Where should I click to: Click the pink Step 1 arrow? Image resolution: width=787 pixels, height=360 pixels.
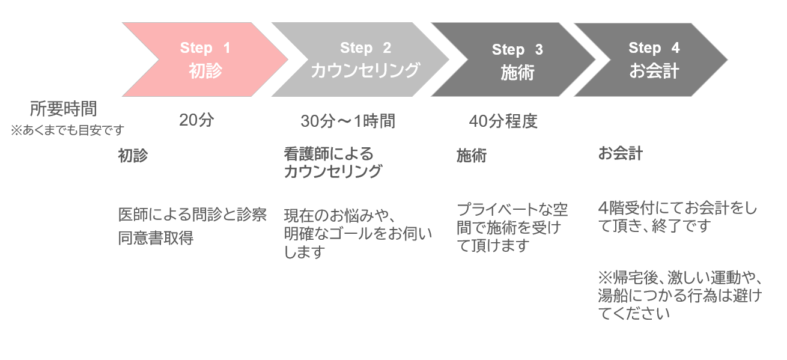(205, 59)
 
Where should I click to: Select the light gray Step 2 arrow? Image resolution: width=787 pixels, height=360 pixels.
(360, 59)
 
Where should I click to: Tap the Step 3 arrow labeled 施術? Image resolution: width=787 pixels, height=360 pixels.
(513, 59)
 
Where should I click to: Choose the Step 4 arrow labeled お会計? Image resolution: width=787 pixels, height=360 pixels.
(651, 59)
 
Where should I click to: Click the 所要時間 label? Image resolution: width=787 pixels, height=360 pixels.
(63, 109)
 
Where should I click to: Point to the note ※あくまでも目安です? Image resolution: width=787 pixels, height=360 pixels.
(67, 130)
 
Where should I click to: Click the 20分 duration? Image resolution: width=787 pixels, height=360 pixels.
(196, 120)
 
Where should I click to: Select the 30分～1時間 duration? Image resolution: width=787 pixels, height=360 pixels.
(348, 121)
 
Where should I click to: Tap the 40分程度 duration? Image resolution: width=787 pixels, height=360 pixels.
(503, 121)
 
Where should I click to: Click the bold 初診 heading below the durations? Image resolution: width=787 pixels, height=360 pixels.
(133, 156)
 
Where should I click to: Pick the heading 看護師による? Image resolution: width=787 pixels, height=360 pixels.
(329, 154)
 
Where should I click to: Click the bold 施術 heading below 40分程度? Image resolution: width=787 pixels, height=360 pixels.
(472, 156)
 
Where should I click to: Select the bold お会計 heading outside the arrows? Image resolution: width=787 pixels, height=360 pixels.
(621, 153)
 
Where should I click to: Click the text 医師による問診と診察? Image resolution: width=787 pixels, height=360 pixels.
(192, 215)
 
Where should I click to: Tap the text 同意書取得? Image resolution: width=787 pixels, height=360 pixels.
(156, 238)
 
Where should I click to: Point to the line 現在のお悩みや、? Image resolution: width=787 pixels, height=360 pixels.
(340, 216)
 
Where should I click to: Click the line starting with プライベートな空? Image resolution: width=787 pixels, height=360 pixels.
(512, 210)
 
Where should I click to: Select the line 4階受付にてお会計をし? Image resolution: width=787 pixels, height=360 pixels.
(678, 208)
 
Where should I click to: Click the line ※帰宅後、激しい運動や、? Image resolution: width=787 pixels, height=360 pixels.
(680, 278)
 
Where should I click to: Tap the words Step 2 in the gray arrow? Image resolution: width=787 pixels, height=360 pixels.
(365, 48)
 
